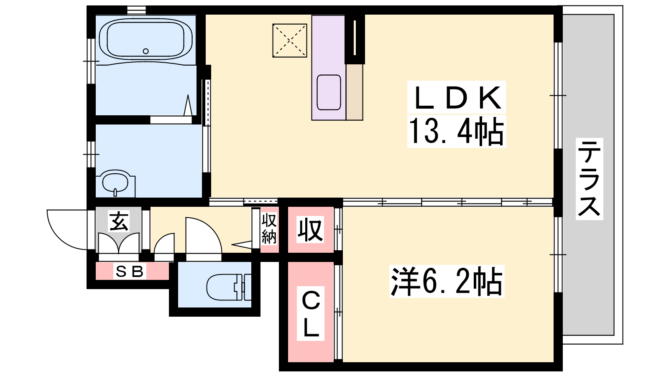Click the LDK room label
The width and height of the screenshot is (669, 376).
click(457, 98)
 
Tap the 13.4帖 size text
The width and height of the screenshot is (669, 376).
click(456, 131)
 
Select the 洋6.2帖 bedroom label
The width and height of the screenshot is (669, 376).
click(447, 282)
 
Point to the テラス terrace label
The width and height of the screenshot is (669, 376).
click(589, 179)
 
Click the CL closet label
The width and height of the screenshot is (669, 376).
click(311, 313)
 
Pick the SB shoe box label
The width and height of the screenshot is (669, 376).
click(129, 271)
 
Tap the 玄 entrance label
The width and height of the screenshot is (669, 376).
click(119, 221)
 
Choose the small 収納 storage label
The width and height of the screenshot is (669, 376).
click(269, 229)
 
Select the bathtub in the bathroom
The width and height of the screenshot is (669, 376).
click(146, 39)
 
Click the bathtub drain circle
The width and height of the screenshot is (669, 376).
click(146, 51)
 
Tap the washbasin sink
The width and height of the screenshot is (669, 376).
click(115, 181)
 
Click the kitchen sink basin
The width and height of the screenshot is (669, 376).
click(329, 92)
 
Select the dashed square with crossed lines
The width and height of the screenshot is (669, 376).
click(290, 41)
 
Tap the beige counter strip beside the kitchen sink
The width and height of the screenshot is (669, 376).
click(355, 92)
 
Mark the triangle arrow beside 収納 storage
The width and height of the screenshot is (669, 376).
click(242, 244)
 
